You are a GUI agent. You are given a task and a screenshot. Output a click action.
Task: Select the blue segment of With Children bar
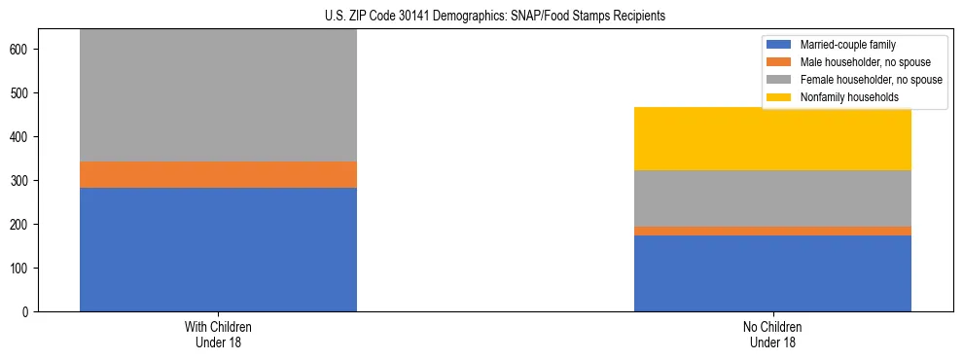point(218,249)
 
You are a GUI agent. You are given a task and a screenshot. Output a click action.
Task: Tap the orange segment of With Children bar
point(218,174)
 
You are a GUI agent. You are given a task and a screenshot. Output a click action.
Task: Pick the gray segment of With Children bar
point(218,95)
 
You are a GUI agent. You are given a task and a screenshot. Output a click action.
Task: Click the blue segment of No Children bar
point(772,273)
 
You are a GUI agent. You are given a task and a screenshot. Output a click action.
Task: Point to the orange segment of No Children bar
point(772,231)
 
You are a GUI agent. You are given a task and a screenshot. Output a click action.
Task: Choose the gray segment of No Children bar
point(772,198)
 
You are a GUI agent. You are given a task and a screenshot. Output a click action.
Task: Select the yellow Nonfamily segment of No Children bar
point(772,138)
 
